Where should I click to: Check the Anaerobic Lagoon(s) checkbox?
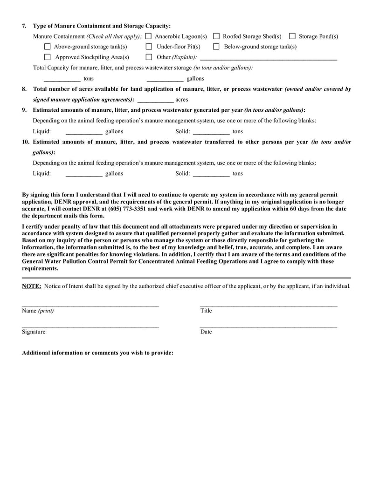pos(148,36)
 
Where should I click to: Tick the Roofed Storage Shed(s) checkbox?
pos(216,36)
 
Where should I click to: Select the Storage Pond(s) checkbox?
pos(292,36)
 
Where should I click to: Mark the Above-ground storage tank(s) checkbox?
pos(47,47)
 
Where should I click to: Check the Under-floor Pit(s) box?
pos(149,47)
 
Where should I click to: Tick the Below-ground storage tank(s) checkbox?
pos(216,47)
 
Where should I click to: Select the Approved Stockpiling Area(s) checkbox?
pos(47,57)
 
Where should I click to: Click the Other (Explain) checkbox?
pos(149,57)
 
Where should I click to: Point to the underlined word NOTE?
pos(31,286)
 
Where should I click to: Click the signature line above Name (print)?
pos(90,305)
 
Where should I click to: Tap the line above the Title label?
pos(268,305)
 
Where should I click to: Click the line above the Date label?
pos(268,327)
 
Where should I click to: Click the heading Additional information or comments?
pos(97,353)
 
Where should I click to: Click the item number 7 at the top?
pos(24,26)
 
